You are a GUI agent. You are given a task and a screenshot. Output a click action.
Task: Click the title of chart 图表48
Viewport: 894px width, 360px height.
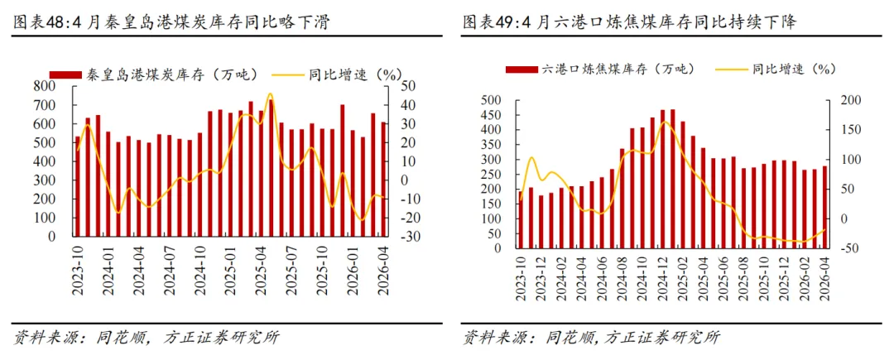[172, 22]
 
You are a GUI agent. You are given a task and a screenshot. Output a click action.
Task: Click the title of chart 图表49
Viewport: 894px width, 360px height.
[629, 22]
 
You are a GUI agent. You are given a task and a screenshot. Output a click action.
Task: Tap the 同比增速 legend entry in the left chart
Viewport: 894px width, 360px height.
[337, 74]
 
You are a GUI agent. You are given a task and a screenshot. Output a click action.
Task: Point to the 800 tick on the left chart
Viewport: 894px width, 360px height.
[46, 87]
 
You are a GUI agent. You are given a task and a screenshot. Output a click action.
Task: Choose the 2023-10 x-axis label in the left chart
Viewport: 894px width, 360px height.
[78, 271]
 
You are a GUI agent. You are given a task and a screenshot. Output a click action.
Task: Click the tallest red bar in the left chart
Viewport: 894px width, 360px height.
[271, 168]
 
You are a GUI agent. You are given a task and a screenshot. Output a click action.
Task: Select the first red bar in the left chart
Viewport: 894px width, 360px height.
[78, 186]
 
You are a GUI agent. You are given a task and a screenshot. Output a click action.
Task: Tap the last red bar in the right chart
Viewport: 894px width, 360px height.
[824, 208]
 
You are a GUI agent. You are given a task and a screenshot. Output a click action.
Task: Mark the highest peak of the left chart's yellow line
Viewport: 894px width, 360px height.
[270, 94]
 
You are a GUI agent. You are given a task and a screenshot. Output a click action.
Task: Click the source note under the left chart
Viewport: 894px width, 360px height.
[147, 337]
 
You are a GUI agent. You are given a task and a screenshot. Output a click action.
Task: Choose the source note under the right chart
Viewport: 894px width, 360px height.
[591, 337]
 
